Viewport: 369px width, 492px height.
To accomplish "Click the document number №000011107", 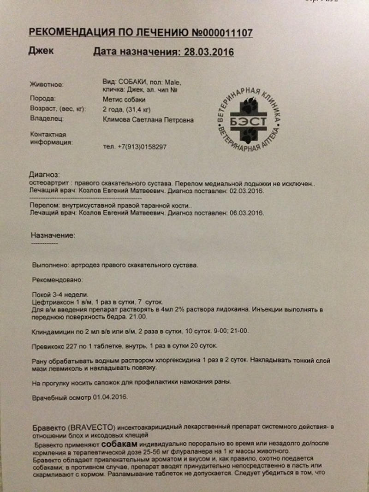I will coord(220,33).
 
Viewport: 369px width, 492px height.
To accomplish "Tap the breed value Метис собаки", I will coord(125,100).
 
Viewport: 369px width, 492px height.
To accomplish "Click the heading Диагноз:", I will coord(44,175).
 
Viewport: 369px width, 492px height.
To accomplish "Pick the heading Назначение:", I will coord(52,235).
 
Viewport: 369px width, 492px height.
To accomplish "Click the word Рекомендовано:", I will coord(57,280).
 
